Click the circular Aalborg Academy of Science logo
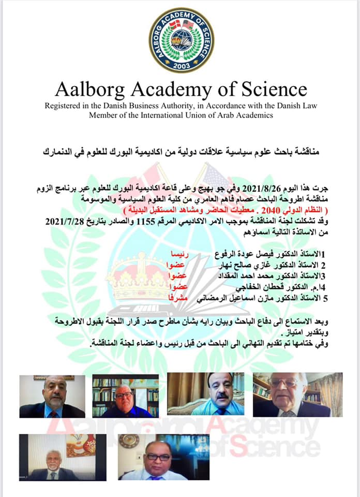(x=181, y=40)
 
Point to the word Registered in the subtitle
(x=67, y=106)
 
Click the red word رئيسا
(x=184, y=255)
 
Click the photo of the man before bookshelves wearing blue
(x=126, y=396)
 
